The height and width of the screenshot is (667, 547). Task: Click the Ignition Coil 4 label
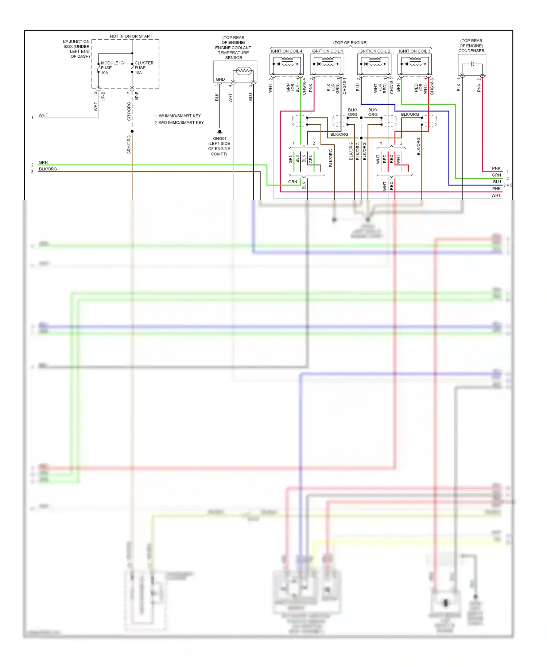[x=286, y=51]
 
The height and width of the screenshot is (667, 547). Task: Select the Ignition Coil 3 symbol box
[x=414, y=64]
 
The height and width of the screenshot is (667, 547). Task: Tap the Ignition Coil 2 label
[x=374, y=51]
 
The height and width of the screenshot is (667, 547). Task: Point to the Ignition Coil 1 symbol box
[x=327, y=64]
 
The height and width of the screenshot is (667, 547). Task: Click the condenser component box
[x=472, y=65]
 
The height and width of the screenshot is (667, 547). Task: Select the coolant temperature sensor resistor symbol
[x=244, y=71]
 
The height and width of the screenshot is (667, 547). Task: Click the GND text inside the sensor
[x=220, y=79]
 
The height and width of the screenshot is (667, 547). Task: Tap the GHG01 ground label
[x=220, y=139]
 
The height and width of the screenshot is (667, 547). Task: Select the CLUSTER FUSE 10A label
[x=144, y=68]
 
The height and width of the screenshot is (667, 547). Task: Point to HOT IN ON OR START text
[x=131, y=36]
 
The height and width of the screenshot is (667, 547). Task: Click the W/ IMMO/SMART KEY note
[x=179, y=116]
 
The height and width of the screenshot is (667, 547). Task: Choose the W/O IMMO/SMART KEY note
[x=181, y=123]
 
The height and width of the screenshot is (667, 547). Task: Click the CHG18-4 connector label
[x=304, y=86]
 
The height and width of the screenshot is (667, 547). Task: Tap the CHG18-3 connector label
[x=432, y=86]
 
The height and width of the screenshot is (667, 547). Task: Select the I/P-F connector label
[x=137, y=96]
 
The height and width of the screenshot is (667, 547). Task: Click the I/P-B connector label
[x=103, y=96]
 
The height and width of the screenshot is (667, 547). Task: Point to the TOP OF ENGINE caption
[x=350, y=43]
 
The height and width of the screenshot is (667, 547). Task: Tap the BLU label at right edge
[x=497, y=182]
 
